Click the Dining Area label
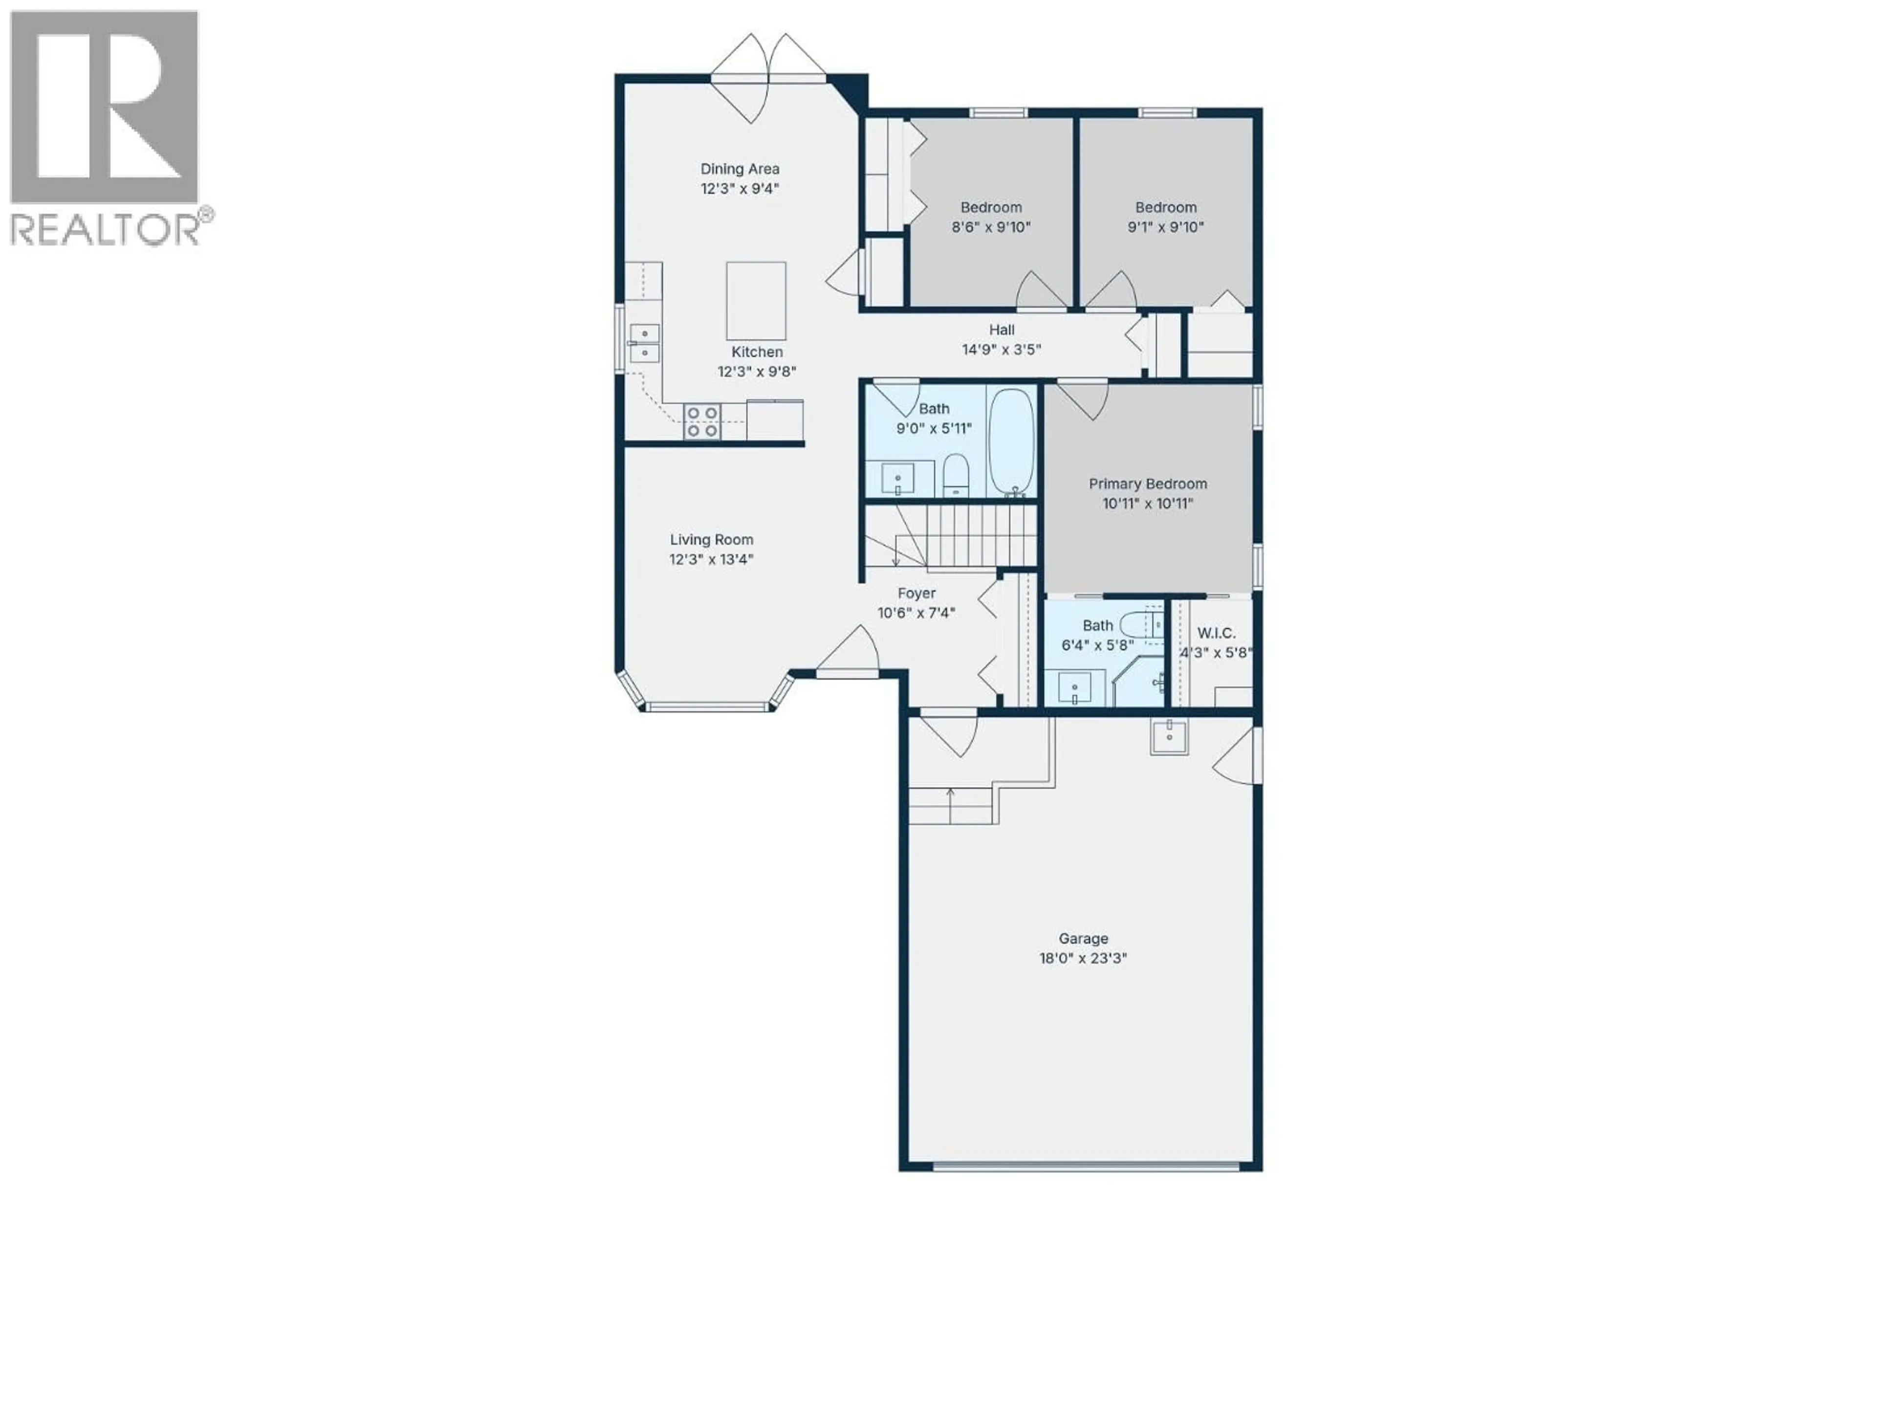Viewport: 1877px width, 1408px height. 739,169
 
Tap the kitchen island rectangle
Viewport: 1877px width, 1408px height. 755,301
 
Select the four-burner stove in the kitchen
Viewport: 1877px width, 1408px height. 702,422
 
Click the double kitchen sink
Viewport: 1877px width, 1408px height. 645,342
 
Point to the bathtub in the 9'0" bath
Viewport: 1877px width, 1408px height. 1011,441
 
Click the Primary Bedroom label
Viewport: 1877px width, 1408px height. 1147,484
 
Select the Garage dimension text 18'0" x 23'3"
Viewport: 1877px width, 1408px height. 1083,958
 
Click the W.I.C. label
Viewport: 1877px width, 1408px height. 1216,633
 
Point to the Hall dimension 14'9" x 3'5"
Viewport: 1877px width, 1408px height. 1001,350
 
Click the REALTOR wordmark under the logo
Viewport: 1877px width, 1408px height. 105,230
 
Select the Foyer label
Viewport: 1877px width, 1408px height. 917,593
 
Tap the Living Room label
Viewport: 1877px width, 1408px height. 711,540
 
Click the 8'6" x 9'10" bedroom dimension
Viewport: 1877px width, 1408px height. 990,227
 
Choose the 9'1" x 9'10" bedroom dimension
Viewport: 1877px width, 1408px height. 1165,227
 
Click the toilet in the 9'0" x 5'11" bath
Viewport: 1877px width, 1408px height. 956,475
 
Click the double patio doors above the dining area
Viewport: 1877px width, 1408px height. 768,76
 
